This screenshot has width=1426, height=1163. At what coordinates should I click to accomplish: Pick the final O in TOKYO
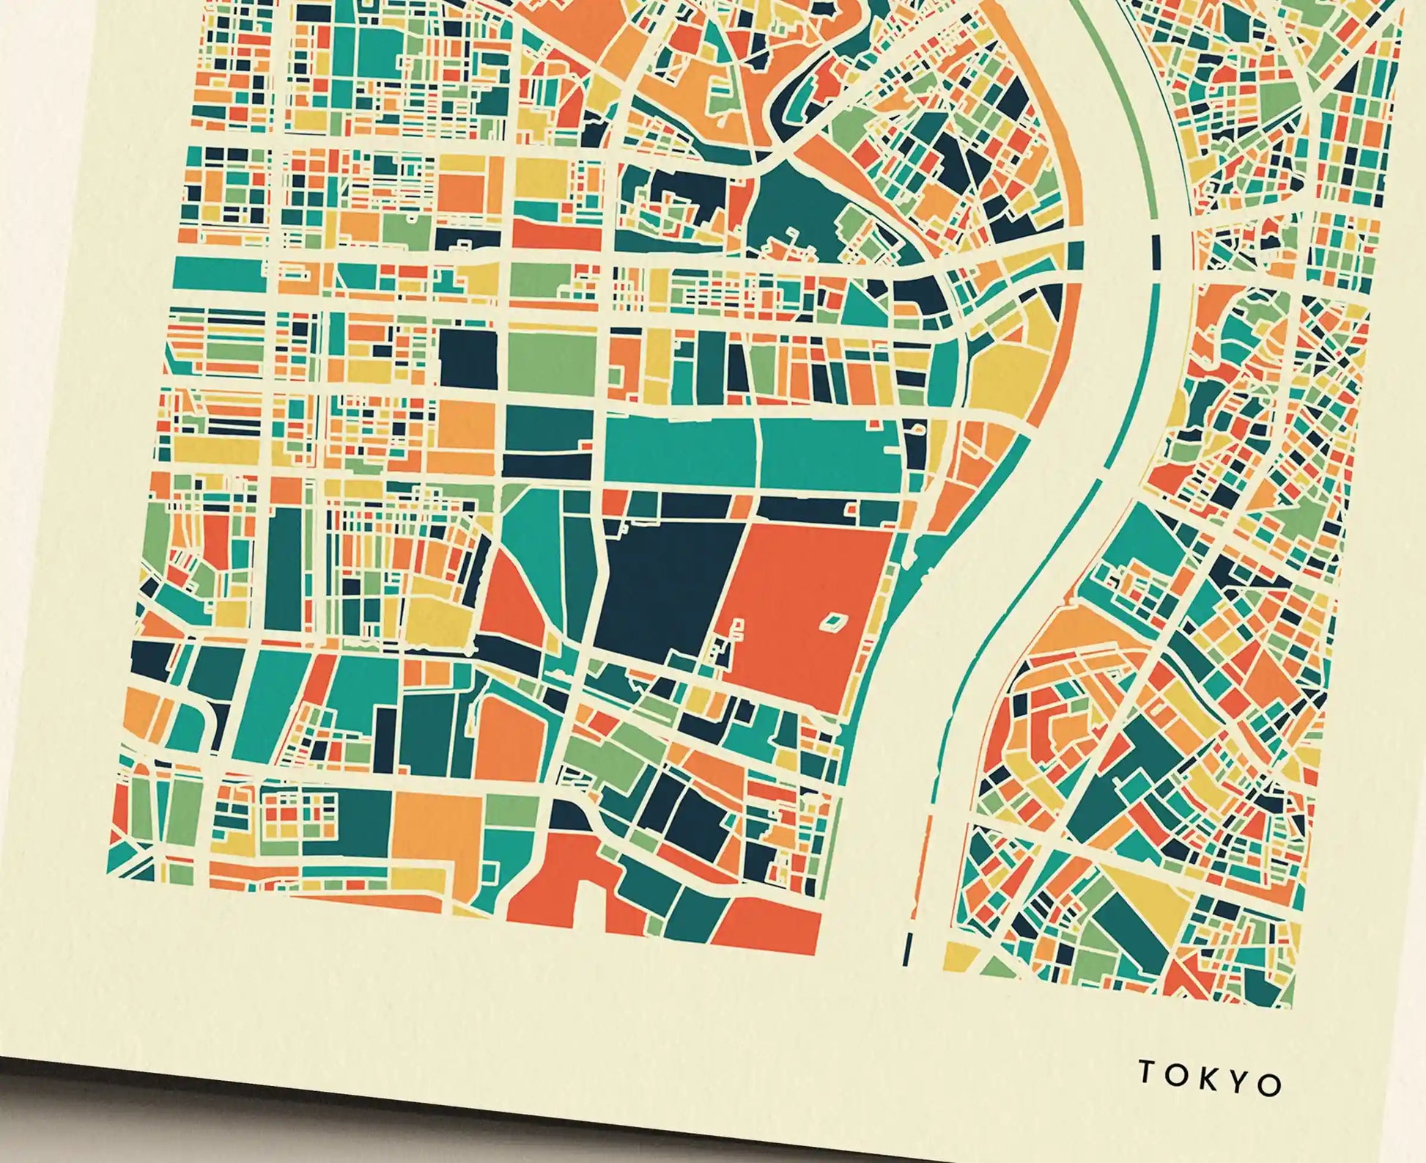1271,1085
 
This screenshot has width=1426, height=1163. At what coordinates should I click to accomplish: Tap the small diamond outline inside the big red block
832,623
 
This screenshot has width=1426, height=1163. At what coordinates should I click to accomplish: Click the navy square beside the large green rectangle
468,358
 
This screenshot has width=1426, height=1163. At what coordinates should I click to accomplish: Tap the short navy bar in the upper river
1157,249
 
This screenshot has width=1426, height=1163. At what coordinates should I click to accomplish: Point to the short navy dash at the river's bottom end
909,950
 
